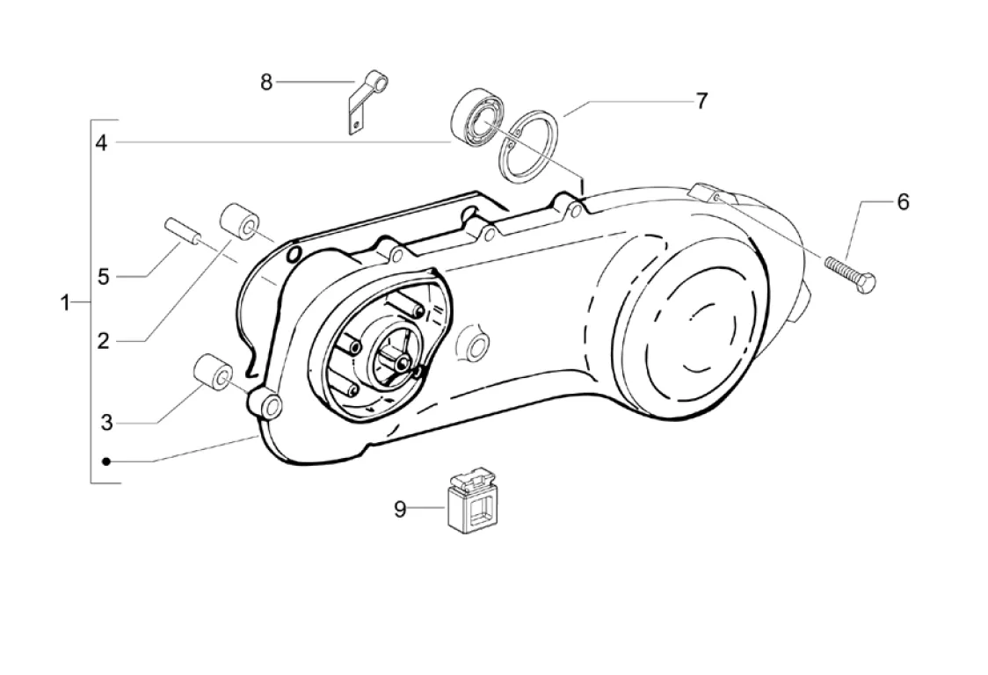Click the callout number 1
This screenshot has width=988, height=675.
64,303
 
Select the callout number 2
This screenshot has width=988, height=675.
104,341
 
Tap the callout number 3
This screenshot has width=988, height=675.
107,422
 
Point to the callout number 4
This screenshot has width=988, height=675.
101,143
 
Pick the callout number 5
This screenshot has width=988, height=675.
104,276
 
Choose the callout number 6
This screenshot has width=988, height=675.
903,201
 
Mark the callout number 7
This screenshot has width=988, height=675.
701,101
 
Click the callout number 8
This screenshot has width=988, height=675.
266,82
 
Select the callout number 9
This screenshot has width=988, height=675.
400,509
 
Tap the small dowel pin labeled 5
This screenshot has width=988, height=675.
184,231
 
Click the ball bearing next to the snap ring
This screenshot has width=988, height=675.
477,120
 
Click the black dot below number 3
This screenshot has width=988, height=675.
106,462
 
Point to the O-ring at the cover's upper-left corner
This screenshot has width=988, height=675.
293,254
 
